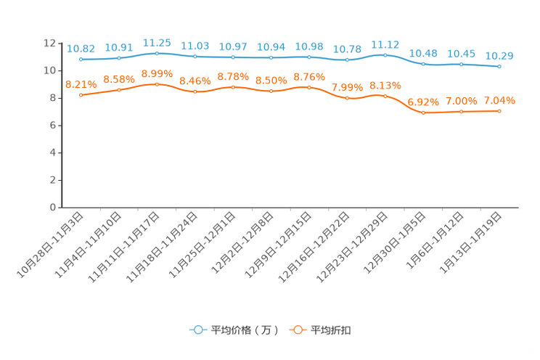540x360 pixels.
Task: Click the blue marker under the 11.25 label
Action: click(157, 53)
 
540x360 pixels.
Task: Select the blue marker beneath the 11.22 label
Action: click(385, 55)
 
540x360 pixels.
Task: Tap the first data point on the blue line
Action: click(81, 60)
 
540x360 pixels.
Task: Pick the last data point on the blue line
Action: click(499, 67)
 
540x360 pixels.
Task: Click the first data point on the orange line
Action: click(81, 95)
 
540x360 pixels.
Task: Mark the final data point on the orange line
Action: click(499, 111)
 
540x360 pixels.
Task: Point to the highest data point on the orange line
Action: click(157, 84)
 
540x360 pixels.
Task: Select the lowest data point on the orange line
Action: click(423, 112)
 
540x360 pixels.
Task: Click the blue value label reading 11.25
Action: click(157, 44)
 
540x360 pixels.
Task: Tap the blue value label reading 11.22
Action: click(385, 44)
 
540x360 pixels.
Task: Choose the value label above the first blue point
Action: click(81, 49)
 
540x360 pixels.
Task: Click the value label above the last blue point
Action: click(499, 55)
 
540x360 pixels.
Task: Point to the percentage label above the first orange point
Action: click(81, 84)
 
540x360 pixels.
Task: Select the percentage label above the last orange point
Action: click(499, 100)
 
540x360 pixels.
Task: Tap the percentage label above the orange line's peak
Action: click(157, 73)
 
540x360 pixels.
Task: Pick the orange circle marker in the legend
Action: click(297, 330)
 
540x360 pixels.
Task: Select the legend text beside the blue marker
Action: click(245, 330)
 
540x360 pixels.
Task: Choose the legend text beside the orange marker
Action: click(332, 330)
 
